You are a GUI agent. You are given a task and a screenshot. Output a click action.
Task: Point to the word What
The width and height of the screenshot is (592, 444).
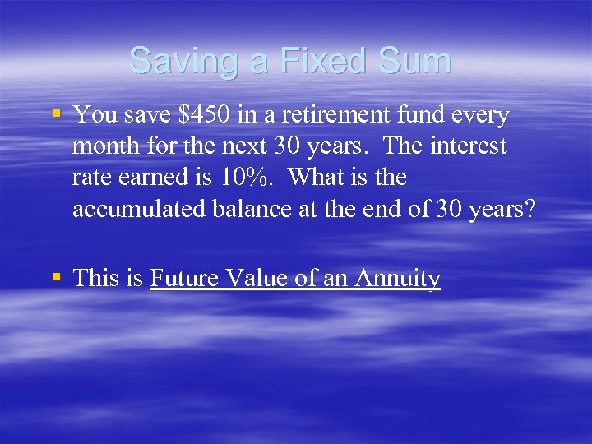pyautogui.click(x=318, y=178)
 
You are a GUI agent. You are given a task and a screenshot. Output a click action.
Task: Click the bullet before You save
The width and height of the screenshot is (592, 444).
pyautogui.click(x=55, y=114)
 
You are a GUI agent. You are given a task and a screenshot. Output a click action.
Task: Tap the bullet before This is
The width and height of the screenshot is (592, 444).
pyautogui.click(x=55, y=278)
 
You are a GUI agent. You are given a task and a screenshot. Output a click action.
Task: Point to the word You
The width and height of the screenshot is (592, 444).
pyautogui.click(x=90, y=115)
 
